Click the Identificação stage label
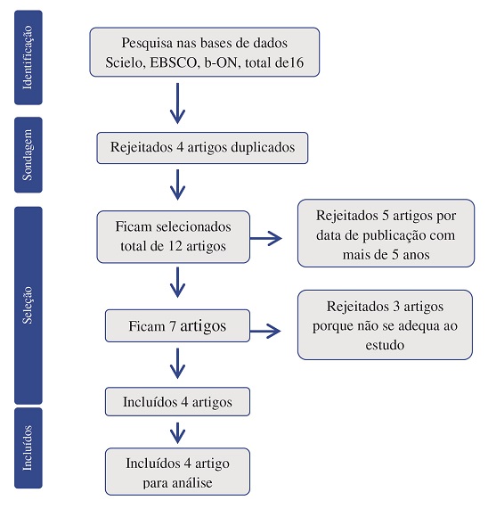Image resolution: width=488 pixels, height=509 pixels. (28, 57)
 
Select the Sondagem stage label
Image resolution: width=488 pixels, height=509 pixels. (28, 155)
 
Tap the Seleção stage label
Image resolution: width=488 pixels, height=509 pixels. (28, 306)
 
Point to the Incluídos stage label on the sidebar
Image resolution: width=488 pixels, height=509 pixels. (28, 448)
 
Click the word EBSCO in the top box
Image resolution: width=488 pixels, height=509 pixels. (174, 62)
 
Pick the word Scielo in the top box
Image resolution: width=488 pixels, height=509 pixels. (126, 62)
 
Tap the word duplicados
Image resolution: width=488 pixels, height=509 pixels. (263, 147)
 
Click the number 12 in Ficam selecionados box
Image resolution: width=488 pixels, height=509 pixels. (175, 246)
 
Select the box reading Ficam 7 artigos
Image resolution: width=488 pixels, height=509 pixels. (177, 325)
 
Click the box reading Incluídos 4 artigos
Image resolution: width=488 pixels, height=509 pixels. (177, 401)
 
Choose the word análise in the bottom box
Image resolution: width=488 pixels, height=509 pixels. (192, 483)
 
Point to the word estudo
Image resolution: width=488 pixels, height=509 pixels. (385, 345)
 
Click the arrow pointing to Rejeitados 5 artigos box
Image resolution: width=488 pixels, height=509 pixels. (266, 238)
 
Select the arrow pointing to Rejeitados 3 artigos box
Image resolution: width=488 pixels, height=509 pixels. (265, 331)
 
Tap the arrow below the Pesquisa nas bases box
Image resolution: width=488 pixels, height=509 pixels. (178, 103)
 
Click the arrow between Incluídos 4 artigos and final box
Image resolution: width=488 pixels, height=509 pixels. (178, 433)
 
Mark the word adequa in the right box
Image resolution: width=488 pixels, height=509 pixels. (417, 326)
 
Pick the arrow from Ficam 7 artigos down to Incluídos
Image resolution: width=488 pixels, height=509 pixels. (178, 363)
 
